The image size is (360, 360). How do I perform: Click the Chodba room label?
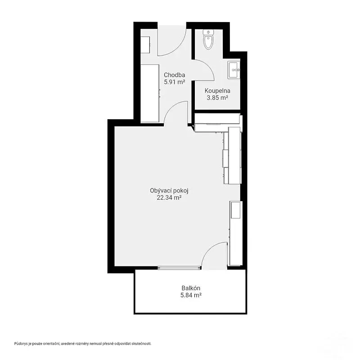click(x=175, y=75)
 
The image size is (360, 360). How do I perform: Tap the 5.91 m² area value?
click(x=175, y=82)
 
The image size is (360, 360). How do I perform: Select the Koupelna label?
click(x=217, y=91)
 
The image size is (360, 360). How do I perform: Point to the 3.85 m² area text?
click(x=217, y=98)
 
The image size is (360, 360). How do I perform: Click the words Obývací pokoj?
click(x=169, y=190)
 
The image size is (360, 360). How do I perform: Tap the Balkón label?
click(x=191, y=288)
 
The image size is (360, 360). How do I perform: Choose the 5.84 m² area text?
click(x=191, y=295)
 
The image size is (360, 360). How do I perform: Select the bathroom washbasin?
click(x=234, y=70)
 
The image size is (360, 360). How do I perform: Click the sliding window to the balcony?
click(x=179, y=267)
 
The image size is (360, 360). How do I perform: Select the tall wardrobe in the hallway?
click(x=150, y=93)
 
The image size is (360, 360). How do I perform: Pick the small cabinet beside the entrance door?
click(x=145, y=45)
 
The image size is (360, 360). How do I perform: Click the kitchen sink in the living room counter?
click(x=235, y=210)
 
